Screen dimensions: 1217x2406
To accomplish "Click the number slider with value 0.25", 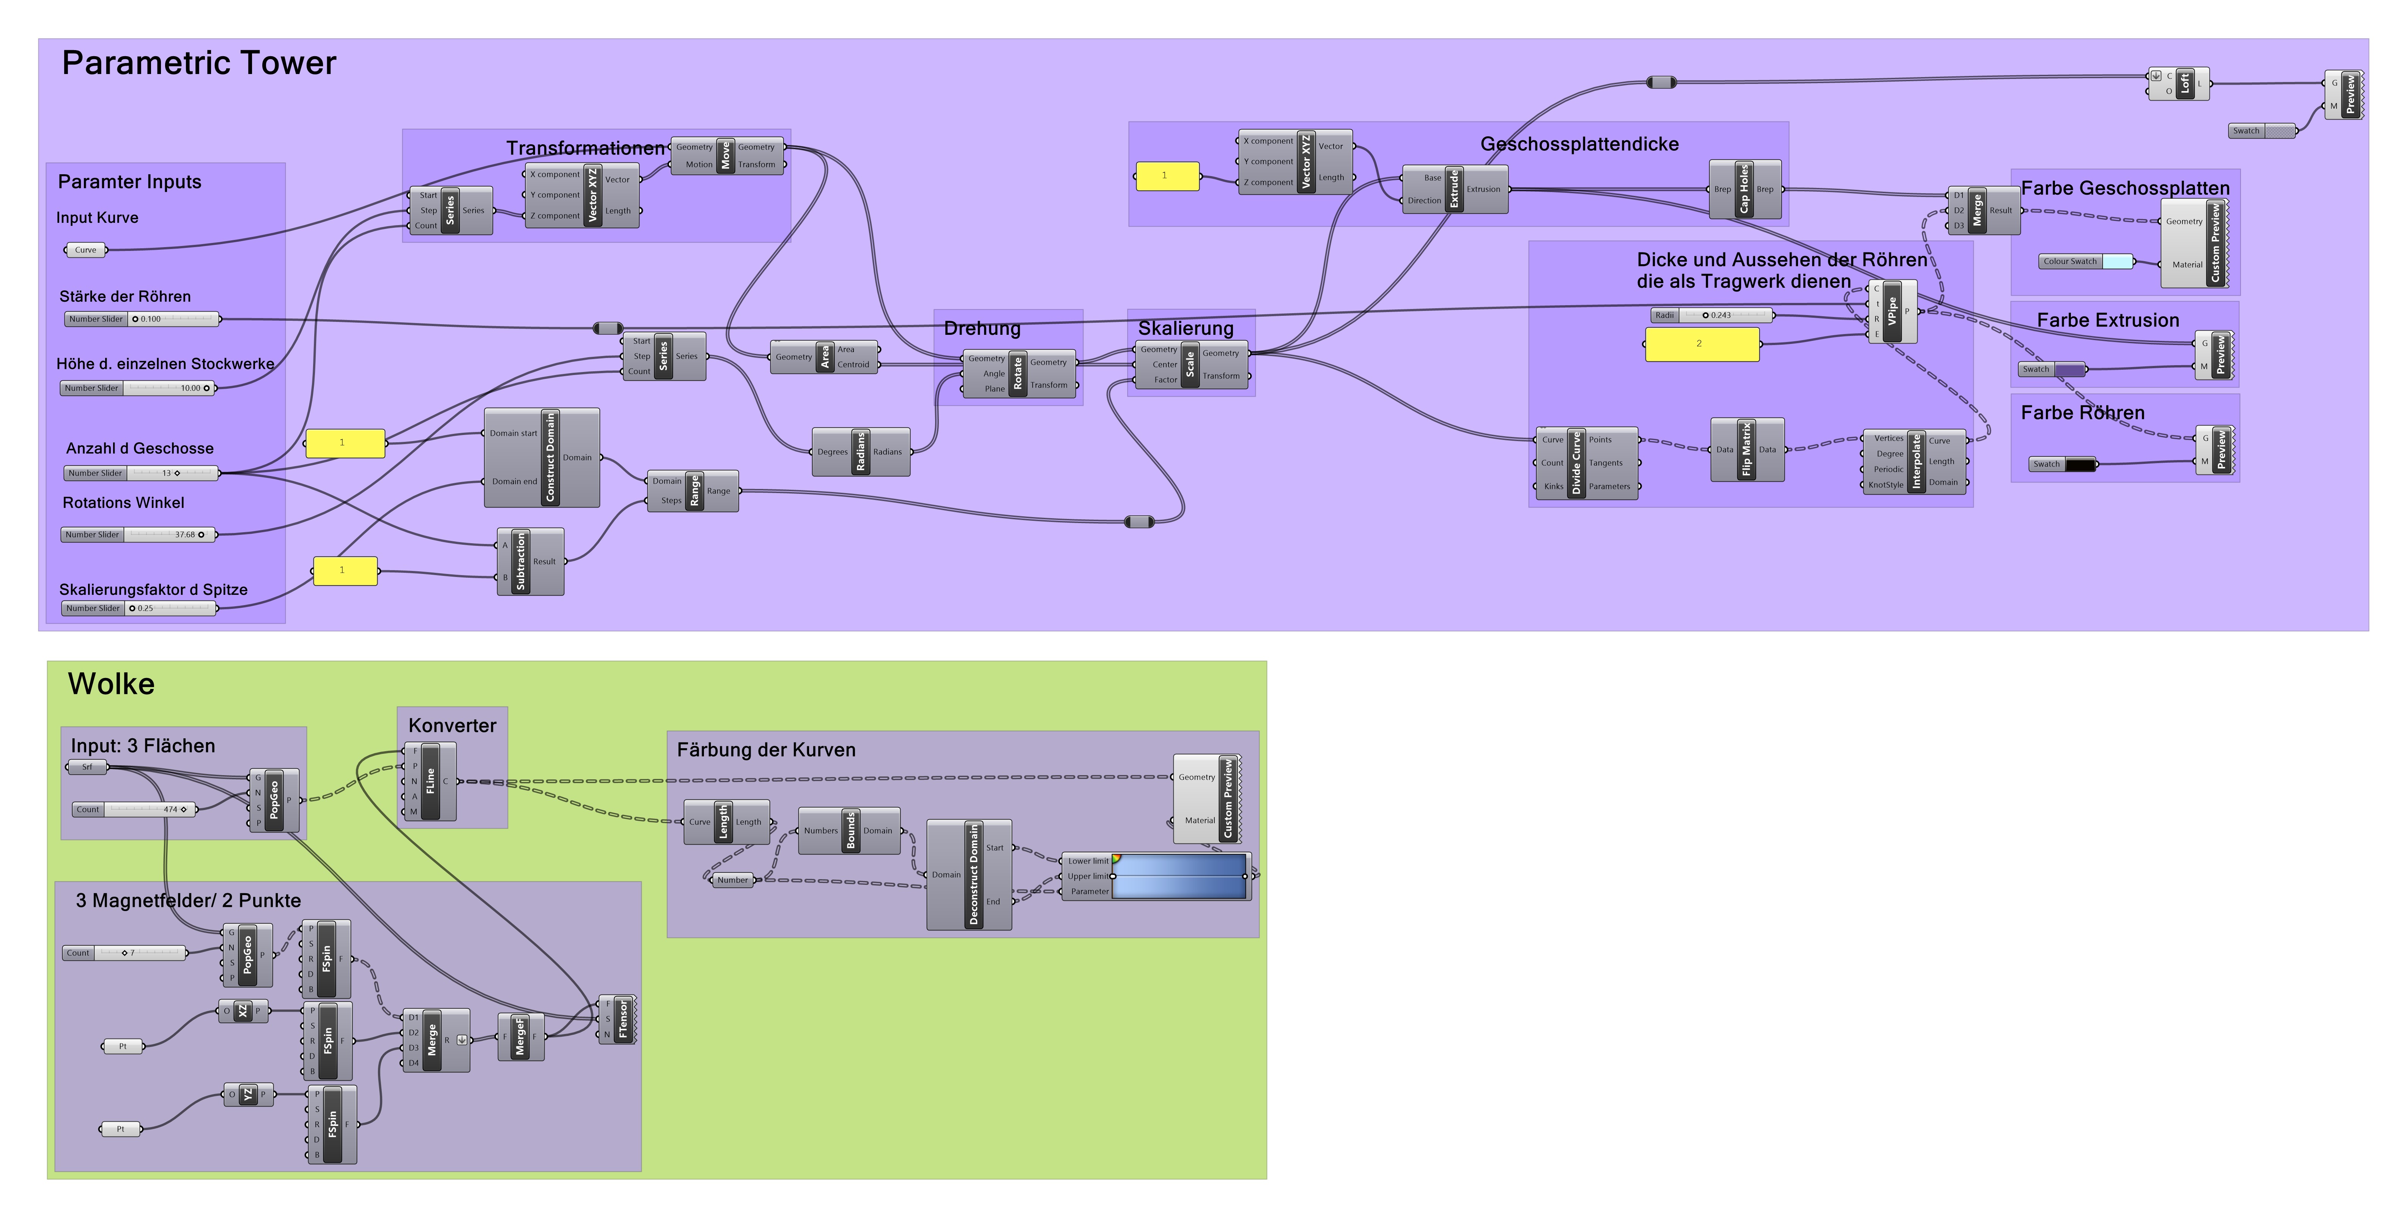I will click(168, 608).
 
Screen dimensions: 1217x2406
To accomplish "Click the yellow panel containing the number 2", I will click(1701, 344).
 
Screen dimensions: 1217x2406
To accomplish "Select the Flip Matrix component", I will click(1746, 449).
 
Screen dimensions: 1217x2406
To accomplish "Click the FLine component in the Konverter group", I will click(430, 782).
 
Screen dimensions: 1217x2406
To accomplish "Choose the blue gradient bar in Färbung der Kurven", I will click(1181, 876).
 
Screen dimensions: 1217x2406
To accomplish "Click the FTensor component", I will click(623, 1019).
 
